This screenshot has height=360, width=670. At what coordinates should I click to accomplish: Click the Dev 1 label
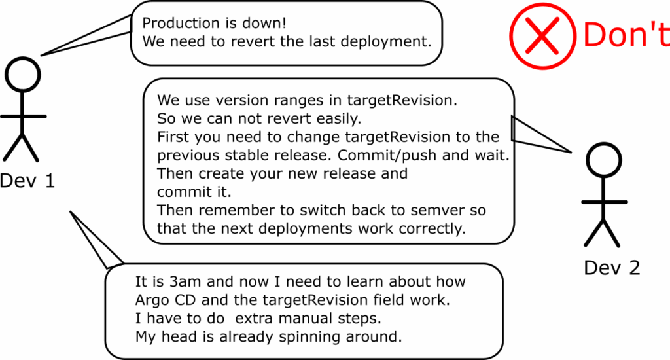(x=27, y=181)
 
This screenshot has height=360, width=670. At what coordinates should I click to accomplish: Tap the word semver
(x=437, y=211)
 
